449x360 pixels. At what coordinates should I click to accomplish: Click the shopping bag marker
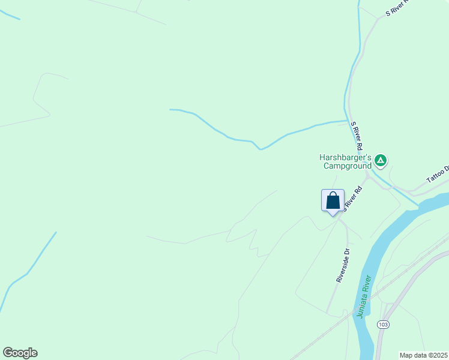point(333,200)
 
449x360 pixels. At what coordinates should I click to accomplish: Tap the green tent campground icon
point(380,160)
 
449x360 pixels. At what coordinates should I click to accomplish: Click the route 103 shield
point(384,324)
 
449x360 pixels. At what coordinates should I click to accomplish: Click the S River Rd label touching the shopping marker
point(354,199)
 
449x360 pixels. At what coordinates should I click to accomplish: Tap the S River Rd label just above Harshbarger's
point(357,136)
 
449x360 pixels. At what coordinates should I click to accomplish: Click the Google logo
point(20,353)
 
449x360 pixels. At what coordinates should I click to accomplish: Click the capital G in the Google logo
point(8,353)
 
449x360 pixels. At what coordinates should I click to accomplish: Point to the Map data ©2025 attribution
point(423,355)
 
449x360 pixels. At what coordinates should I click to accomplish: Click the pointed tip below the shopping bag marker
point(333,215)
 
